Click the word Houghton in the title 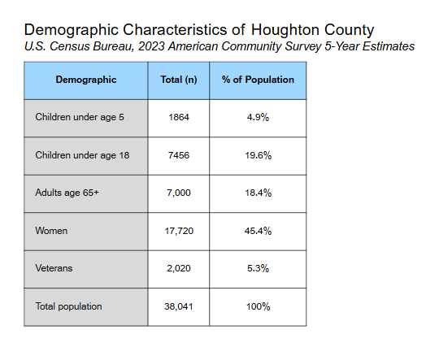click(x=285, y=30)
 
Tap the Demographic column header click(x=86, y=80)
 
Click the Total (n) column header click(x=179, y=80)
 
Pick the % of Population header click(x=258, y=80)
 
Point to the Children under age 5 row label click(x=80, y=117)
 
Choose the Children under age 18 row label click(x=82, y=155)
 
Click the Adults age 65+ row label click(x=67, y=193)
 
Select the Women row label click(x=51, y=231)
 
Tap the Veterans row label click(x=54, y=268)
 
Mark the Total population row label click(x=68, y=306)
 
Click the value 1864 click(x=179, y=117)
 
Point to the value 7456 click(x=179, y=155)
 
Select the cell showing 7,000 click(x=179, y=193)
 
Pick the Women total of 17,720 click(x=179, y=231)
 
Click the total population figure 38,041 click(x=179, y=306)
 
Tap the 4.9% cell click(x=258, y=117)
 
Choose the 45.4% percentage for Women click(x=258, y=231)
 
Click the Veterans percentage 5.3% click(x=258, y=268)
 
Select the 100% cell click(x=258, y=306)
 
